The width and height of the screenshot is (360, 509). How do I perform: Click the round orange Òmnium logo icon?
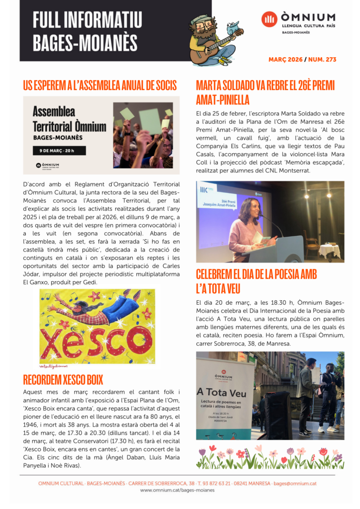pyautogui.click(x=270, y=19)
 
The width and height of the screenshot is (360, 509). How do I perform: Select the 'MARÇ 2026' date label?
pyautogui.click(x=285, y=60)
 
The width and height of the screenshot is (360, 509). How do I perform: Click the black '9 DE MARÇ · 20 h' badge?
pyautogui.click(x=59, y=151)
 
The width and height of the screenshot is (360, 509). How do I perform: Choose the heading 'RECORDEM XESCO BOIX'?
pyautogui.click(x=63, y=380)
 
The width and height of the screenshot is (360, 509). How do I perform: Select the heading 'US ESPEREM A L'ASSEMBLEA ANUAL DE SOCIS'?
pyautogui.click(x=100, y=85)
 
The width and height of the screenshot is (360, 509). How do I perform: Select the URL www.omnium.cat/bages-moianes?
pyautogui.click(x=178, y=490)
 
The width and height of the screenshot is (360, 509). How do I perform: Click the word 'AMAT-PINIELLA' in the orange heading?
pyautogui.click(x=223, y=99)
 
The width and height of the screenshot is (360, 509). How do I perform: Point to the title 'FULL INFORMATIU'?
pyautogui.click(x=88, y=20)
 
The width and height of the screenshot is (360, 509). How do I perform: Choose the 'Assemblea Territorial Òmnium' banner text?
pyautogui.click(x=69, y=119)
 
